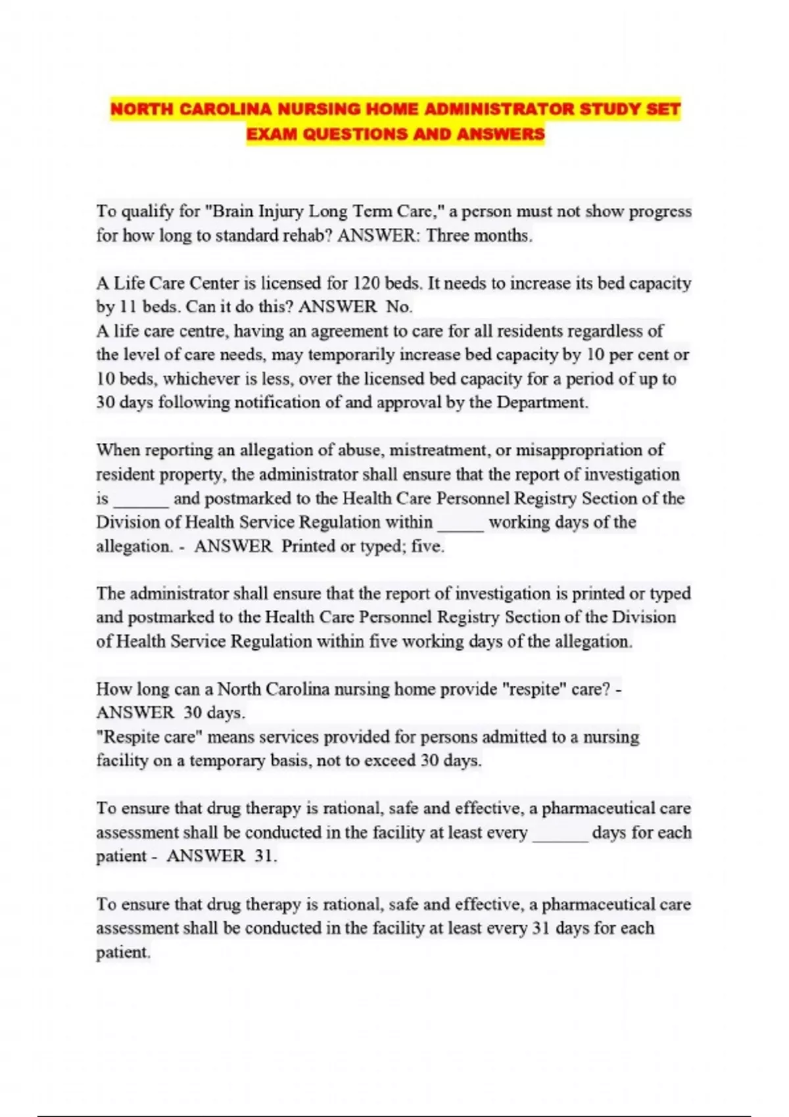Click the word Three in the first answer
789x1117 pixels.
[447, 236]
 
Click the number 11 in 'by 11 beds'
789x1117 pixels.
[126, 308]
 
